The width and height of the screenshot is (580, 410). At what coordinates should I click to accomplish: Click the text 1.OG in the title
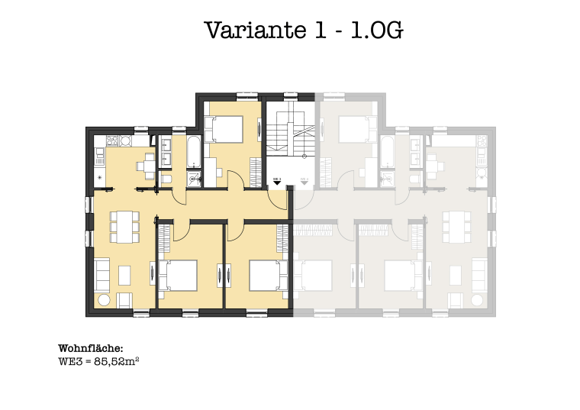click(x=374, y=31)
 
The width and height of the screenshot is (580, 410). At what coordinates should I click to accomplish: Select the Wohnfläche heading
click(x=90, y=348)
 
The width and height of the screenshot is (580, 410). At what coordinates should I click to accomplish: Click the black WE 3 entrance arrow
click(x=278, y=183)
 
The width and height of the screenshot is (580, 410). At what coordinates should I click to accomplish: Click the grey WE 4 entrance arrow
click(x=304, y=183)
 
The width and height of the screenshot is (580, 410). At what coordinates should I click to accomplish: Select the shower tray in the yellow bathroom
click(x=194, y=179)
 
